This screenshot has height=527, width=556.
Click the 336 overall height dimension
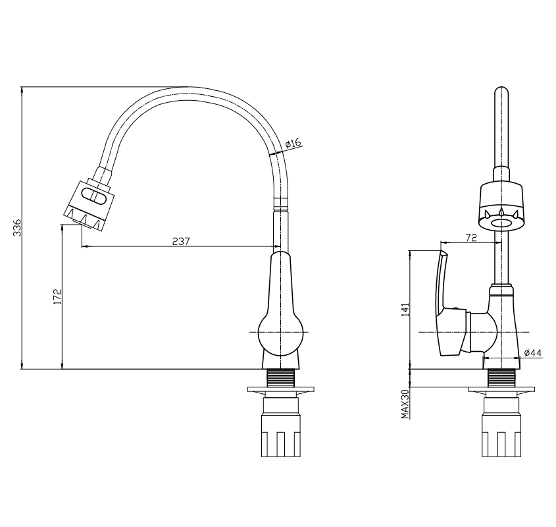pyautogui.click(x=17, y=228)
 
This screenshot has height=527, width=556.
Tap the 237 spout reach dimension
pyautogui.click(x=181, y=241)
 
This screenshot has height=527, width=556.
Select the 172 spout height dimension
pyautogui.click(x=57, y=296)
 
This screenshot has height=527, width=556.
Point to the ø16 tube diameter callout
pyautogui.click(x=293, y=144)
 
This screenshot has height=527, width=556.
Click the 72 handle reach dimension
pyautogui.click(x=471, y=238)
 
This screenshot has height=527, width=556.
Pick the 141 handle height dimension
pyautogui.click(x=405, y=310)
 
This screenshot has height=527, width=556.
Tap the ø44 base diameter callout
pyautogui.click(x=533, y=352)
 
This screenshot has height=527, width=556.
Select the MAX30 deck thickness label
pyautogui.click(x=405, y=404)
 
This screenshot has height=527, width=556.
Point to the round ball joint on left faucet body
pyautogui.click(x=281, y=332)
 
